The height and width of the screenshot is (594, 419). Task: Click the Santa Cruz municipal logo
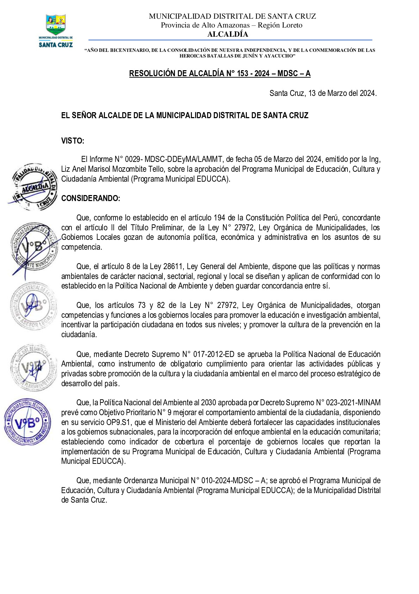click(x=56, y=31)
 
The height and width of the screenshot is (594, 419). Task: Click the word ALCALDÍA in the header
click(x=228, y=34)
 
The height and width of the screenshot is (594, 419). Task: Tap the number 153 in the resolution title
click(x=243, y=73)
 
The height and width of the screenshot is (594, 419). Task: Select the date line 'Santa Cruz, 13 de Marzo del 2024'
click(x=323, y=93)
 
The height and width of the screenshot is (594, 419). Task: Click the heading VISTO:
click(x=73, y=141)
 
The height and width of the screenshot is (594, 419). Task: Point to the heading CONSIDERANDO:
click(x=90, y=198)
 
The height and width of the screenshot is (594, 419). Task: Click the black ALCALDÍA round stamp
click(x=33, y=187)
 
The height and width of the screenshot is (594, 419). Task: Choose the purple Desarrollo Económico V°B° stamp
click(x=27, y=422)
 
